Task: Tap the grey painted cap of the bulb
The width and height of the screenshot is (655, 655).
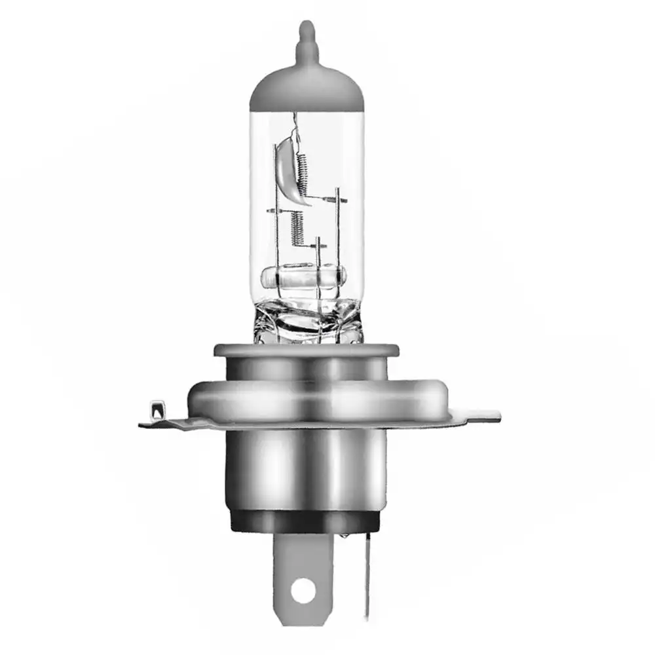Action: tap(307, 88)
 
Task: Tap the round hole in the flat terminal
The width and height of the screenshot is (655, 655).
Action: tap(301, 590)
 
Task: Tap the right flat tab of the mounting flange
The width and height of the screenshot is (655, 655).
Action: tap(481, 415)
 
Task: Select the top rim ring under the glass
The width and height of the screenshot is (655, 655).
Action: tap(306, 350)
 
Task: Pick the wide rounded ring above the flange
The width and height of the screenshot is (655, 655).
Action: tap(307, 396)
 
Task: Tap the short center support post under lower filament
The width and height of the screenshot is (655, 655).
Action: tap(318, 255)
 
